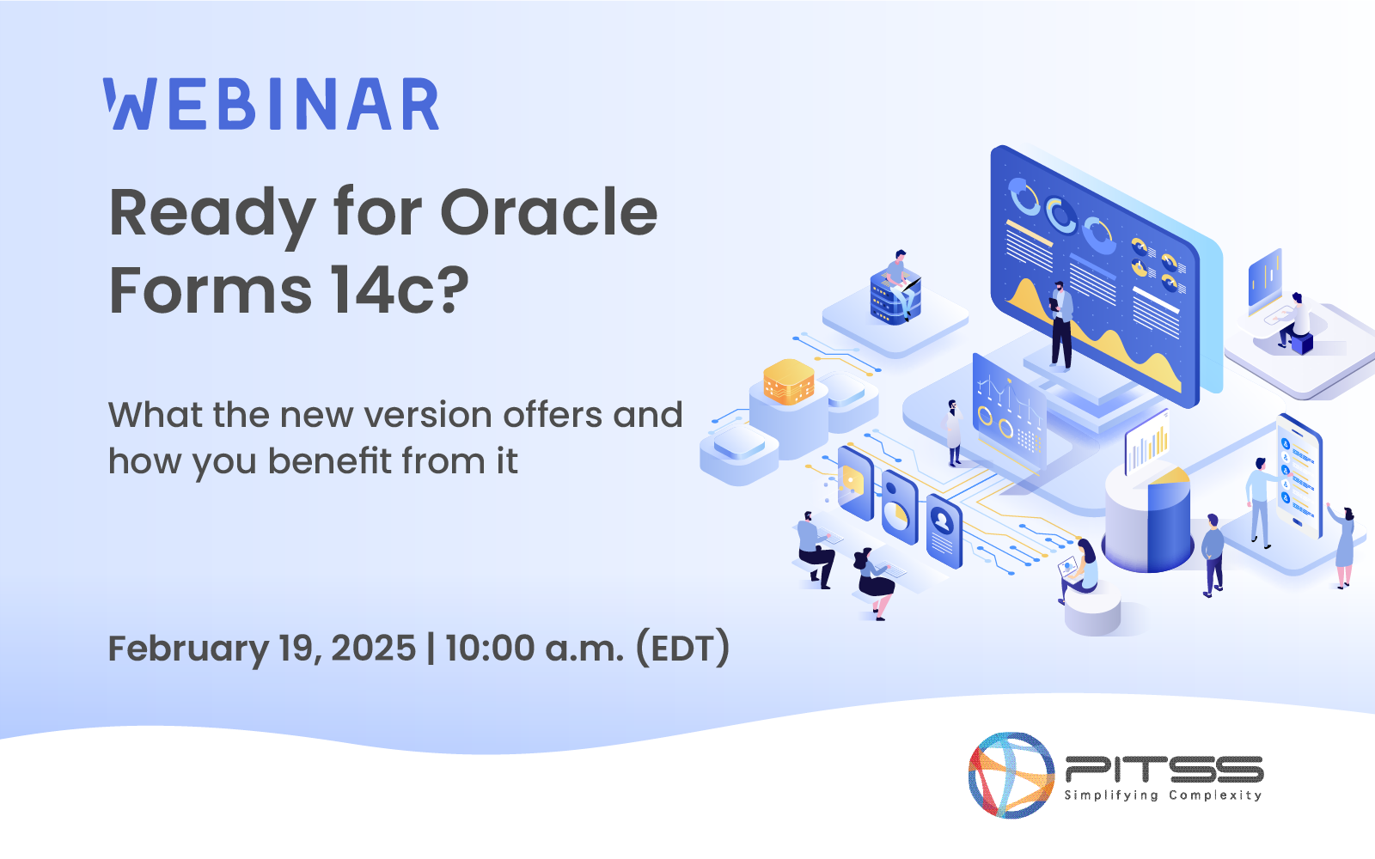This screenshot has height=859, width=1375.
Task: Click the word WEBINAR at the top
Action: click(272, 105)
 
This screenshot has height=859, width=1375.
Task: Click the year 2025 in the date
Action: click(373, 648)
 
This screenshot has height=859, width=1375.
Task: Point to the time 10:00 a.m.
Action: click(534, 648)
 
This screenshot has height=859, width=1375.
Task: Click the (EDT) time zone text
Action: click(682, 648)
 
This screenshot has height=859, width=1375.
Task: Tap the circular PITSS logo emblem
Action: click(1011, 775)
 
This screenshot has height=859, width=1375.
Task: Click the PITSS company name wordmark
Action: click(1164, 769)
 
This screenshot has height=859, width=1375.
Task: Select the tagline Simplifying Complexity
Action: click(1164, 795)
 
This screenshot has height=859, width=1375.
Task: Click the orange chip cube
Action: click(788, 381)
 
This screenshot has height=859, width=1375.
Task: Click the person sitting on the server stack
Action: click(899, 279)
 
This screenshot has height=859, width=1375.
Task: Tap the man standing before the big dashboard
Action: click(1061, 325)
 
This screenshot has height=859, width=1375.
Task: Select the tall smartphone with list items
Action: click(1299, 473)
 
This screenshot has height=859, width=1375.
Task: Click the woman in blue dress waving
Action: click(1343, 545)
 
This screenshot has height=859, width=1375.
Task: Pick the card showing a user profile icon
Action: click(944, 530)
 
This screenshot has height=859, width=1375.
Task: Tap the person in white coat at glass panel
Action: click(953, 432)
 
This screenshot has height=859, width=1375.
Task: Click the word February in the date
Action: click(188, 648)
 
